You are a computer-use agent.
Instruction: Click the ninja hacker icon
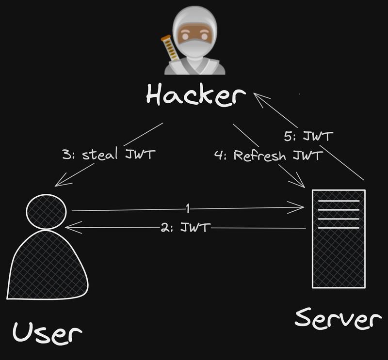pos(195,44)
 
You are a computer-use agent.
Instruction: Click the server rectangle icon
pos(338,239)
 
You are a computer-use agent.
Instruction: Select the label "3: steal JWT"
pos(109,155)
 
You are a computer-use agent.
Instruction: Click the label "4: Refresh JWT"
pos(269,156)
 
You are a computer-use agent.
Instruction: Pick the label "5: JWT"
pos(309,137)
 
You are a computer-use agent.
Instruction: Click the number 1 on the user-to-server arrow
pos(188,209)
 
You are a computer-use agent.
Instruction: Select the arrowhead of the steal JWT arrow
pos(59,184)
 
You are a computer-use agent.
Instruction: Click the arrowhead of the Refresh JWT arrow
pos(300,184)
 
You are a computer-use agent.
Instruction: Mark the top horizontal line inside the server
pos(338,201)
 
